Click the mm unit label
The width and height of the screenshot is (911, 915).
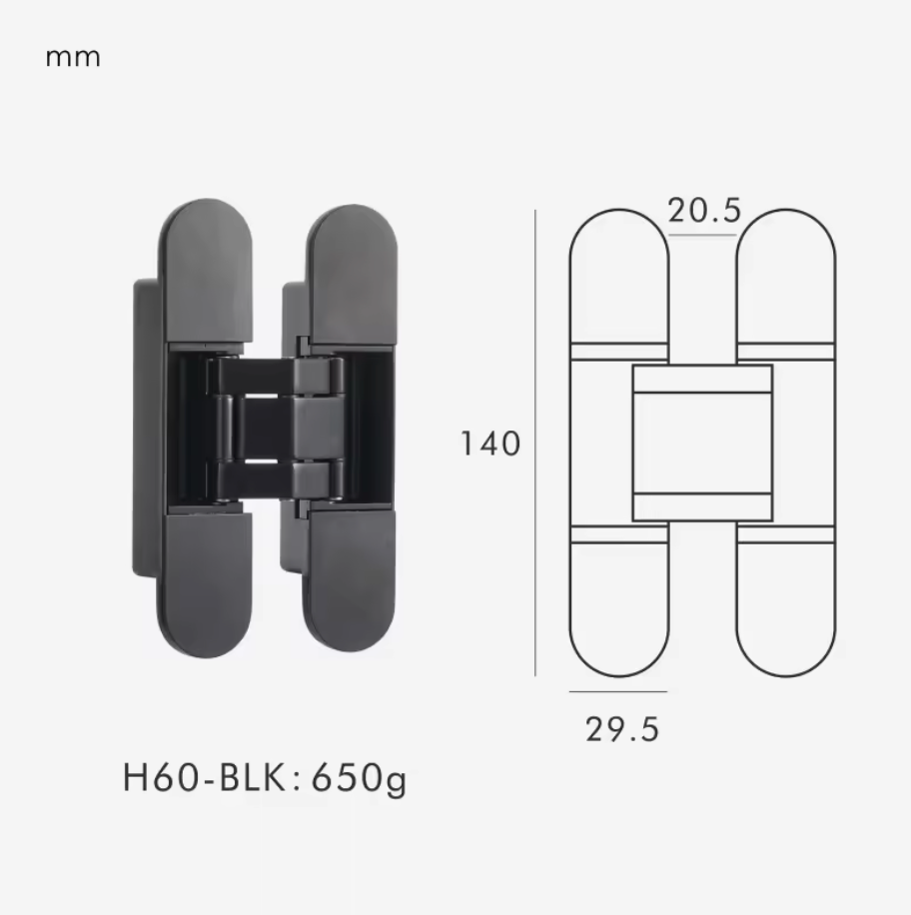[x=73, y=58]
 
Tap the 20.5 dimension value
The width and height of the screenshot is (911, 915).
[x=704, y=211]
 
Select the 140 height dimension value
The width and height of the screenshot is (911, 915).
[x=490, y=444]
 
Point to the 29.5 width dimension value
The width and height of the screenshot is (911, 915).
[x=622, y=730]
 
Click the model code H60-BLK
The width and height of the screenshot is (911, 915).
[x=204, y=777]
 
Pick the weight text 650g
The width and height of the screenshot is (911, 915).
[x=359, y=779]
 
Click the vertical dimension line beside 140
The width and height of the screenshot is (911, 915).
[x=535, y=443]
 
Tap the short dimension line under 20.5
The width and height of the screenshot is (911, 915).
[x=702, y=235]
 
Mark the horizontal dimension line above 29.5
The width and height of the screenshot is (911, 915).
[x=618, y=691]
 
